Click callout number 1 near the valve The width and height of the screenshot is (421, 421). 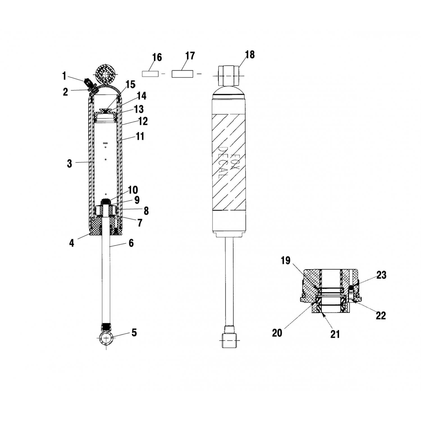[64, 76]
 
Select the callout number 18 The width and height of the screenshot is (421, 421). [250, 54]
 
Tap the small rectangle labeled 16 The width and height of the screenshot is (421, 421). [150, 74]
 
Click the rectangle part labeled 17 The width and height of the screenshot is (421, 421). [182, 74]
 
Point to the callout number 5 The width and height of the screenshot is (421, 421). [134, 333]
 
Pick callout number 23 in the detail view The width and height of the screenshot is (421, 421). [381, 275]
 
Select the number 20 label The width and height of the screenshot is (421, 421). [277, 333]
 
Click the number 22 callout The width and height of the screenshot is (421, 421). [381, 316]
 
